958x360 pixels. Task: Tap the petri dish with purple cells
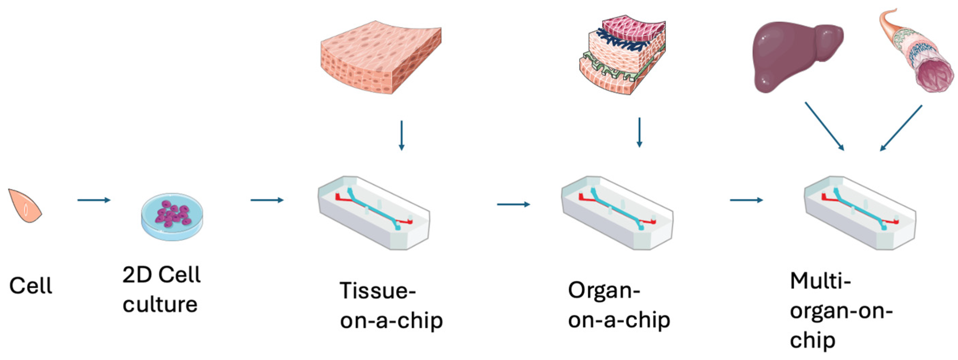tap(172, 216)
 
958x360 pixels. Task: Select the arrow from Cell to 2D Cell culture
tap(94, 200)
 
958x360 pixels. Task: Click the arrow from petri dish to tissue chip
tap(267, 200)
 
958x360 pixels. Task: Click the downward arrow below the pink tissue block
tap(401, 135)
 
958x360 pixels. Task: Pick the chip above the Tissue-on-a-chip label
tap(374, 213)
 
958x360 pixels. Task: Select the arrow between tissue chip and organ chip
tap(513, 204)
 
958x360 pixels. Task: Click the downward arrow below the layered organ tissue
tap(639, 132)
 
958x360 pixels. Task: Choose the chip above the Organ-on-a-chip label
tap(617, 213)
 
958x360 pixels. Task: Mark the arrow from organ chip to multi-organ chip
tap(746, 200)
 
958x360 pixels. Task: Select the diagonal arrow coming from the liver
tap(825, 126)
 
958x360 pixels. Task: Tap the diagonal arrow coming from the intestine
tap(901, 128)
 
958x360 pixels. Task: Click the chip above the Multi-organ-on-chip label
tap(860, 213)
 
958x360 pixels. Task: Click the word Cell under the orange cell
tap(30, 285)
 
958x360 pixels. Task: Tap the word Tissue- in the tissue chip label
tap(377, 291)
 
